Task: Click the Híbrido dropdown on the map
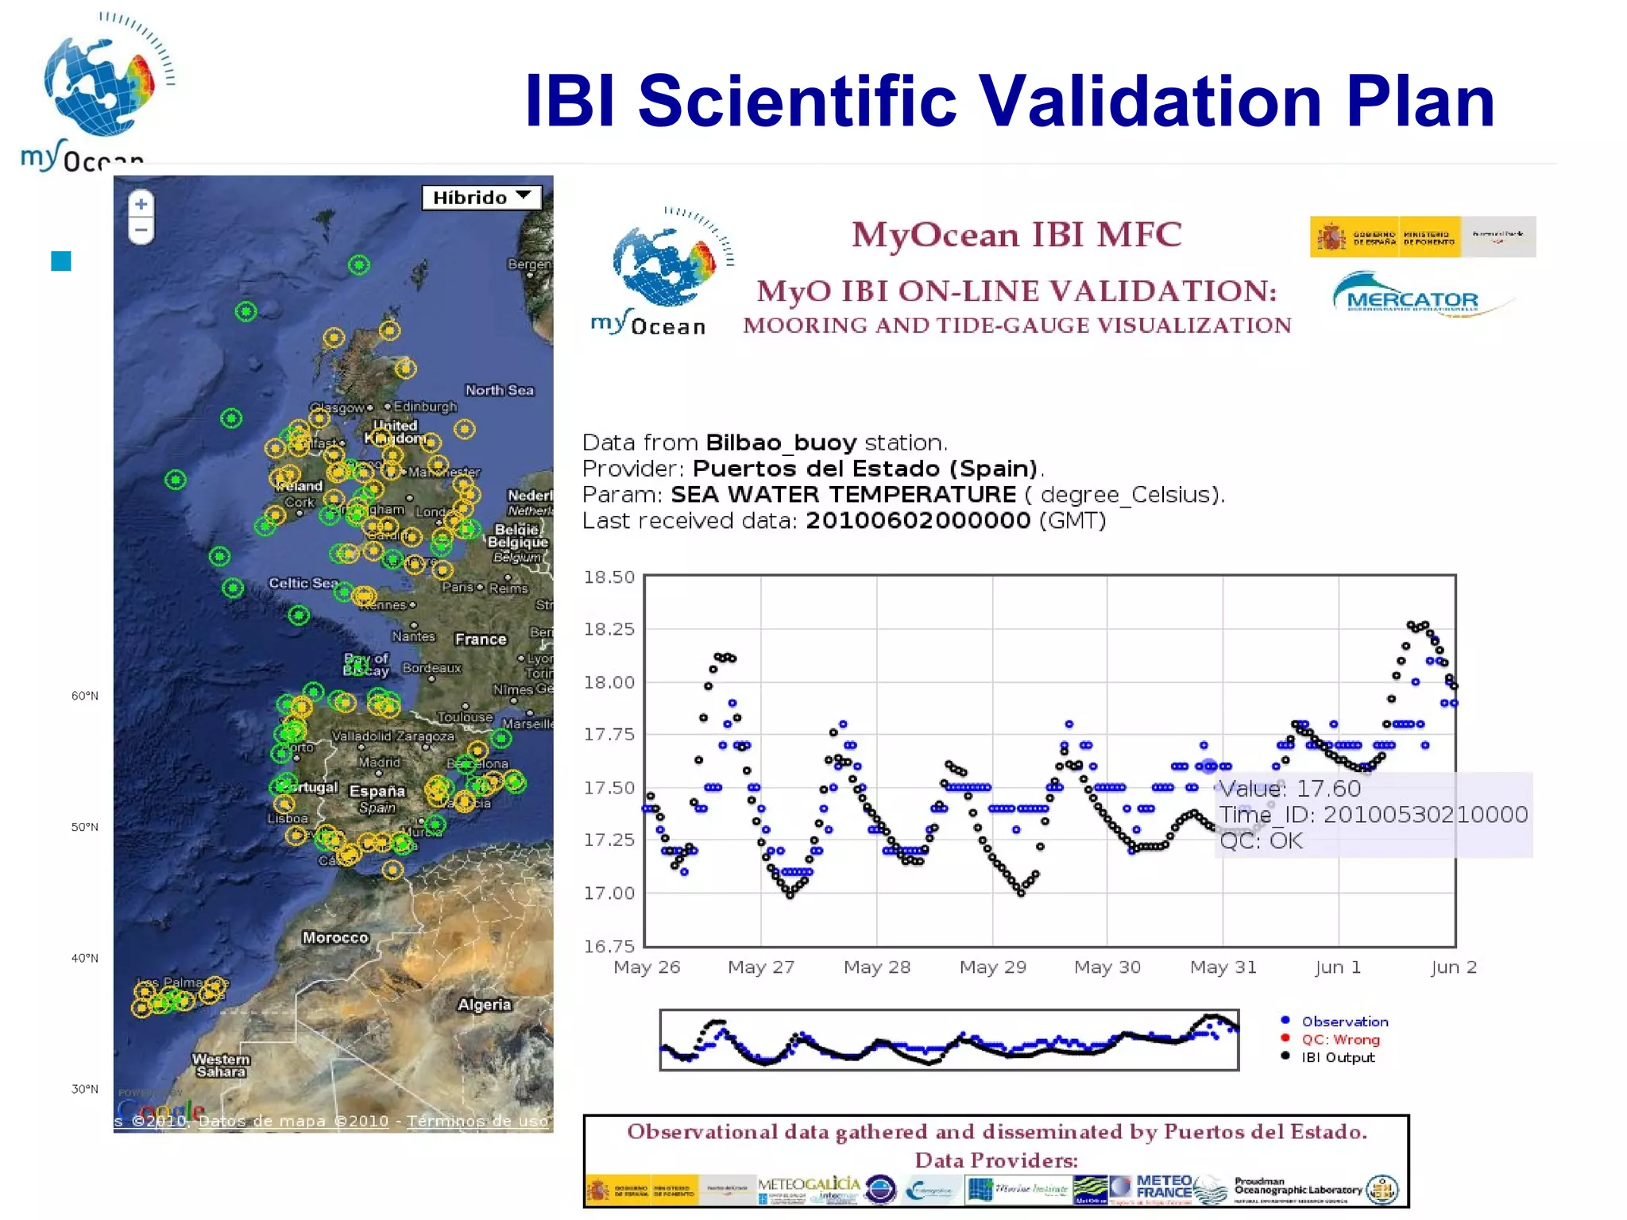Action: pos(481,197)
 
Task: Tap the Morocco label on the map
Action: pos(335,937)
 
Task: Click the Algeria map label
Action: pos(484,1004)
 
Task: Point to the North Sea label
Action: pos(499,390)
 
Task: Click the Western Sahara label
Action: pos(221,1065)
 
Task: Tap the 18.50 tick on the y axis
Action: pos(609,577)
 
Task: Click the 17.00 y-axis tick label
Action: pos(609,893)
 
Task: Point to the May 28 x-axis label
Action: pos(876,967)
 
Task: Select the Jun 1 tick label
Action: pos(1338,967)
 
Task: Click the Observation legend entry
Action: pos(1344,1021)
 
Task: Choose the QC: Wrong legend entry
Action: pos(1339,1039)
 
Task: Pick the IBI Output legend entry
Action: pos(1337,1057)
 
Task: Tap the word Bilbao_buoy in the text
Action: pos(781,442)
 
